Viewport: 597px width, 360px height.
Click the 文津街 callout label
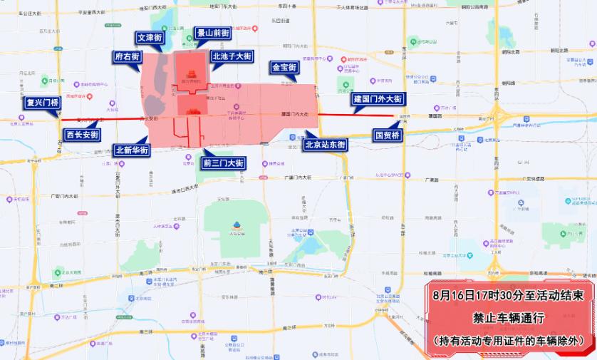[x=150, y=37]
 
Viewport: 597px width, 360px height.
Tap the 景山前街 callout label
[x=212, y=34]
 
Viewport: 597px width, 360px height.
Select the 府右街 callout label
[x=127, y=57]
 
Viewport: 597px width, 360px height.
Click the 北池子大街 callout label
[x=232, y=56]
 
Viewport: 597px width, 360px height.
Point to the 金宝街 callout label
[x=284, y=68]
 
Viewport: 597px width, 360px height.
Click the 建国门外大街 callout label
[x=378, y=99]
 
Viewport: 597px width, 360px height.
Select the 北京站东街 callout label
[x=325, y=145]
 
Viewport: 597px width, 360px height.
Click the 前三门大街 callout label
[x=224, y=163]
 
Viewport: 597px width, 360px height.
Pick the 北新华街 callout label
[x=132, y=150]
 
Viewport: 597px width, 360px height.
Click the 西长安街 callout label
[x=82, y=134]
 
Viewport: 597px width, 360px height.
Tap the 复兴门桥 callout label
[x=42, y=103]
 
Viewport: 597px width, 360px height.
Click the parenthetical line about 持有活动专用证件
[x=509, y=341]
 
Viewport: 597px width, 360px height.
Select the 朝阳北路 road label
[x=552, y=51]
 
